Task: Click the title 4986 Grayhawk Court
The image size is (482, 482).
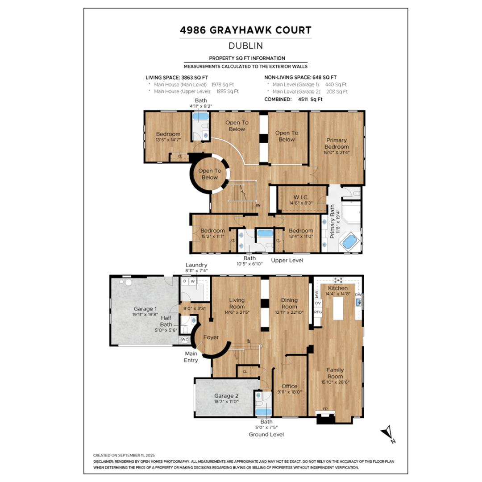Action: [x=245, y=30]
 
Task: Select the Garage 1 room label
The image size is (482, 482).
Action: [x=145, y=308]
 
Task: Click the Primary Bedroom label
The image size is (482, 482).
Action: [x=337, y=143]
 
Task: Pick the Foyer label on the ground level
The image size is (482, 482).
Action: [x=211, y=337]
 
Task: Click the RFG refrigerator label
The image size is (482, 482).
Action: [x=318, y=312]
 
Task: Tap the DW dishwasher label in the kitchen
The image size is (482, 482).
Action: [x=358, y=295]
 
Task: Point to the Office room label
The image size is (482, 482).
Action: [x=289, y=386]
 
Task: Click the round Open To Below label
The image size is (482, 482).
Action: [x=209, y=174]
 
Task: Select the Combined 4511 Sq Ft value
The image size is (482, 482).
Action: [x=310, y=100]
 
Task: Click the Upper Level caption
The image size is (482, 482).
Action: [x=287, y=260]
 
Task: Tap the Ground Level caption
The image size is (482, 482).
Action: [x=266, y=434]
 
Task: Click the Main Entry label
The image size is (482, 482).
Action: [x=191, y=357]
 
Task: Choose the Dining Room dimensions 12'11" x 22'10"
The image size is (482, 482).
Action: [x=289, y=312]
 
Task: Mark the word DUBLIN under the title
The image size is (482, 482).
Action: [x=245, y=46]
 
